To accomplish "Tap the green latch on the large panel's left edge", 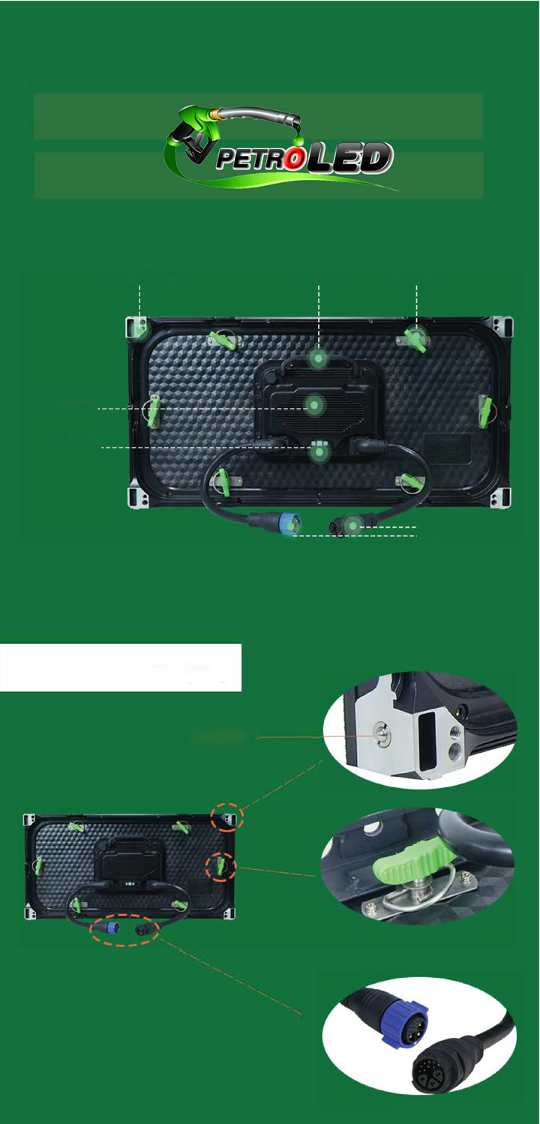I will (x=152, y=410).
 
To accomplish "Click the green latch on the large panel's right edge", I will (x=484, y=410).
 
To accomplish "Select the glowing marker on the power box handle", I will (x=319, y=360).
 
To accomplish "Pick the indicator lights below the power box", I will (x=319, y=451).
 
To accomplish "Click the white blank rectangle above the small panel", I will (x=120, y=667).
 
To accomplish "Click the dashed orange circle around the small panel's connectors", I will (x=124, y=929).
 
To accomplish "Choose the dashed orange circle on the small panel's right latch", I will (x=221, y=868).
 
